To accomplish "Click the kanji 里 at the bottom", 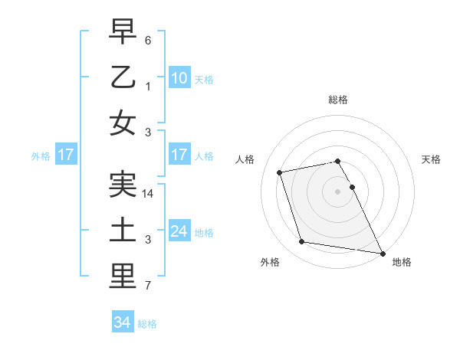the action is click(123, 277).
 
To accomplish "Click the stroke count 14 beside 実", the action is click(149, 195).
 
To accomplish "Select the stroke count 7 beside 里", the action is click(149, 286).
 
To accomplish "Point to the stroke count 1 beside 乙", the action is click(149, 86).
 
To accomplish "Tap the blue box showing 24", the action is click(179, 231).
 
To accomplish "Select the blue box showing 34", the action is click(123, 322).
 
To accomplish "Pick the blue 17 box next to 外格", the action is click(65, 155).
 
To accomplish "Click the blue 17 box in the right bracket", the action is click(179, 155).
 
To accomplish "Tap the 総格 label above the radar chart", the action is click(337, 100).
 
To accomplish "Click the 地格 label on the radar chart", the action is click(402, 262).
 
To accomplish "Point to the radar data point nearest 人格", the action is click(280, 172).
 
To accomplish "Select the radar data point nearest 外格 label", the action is click(302, 242).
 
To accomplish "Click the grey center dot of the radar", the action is click(337, 191).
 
